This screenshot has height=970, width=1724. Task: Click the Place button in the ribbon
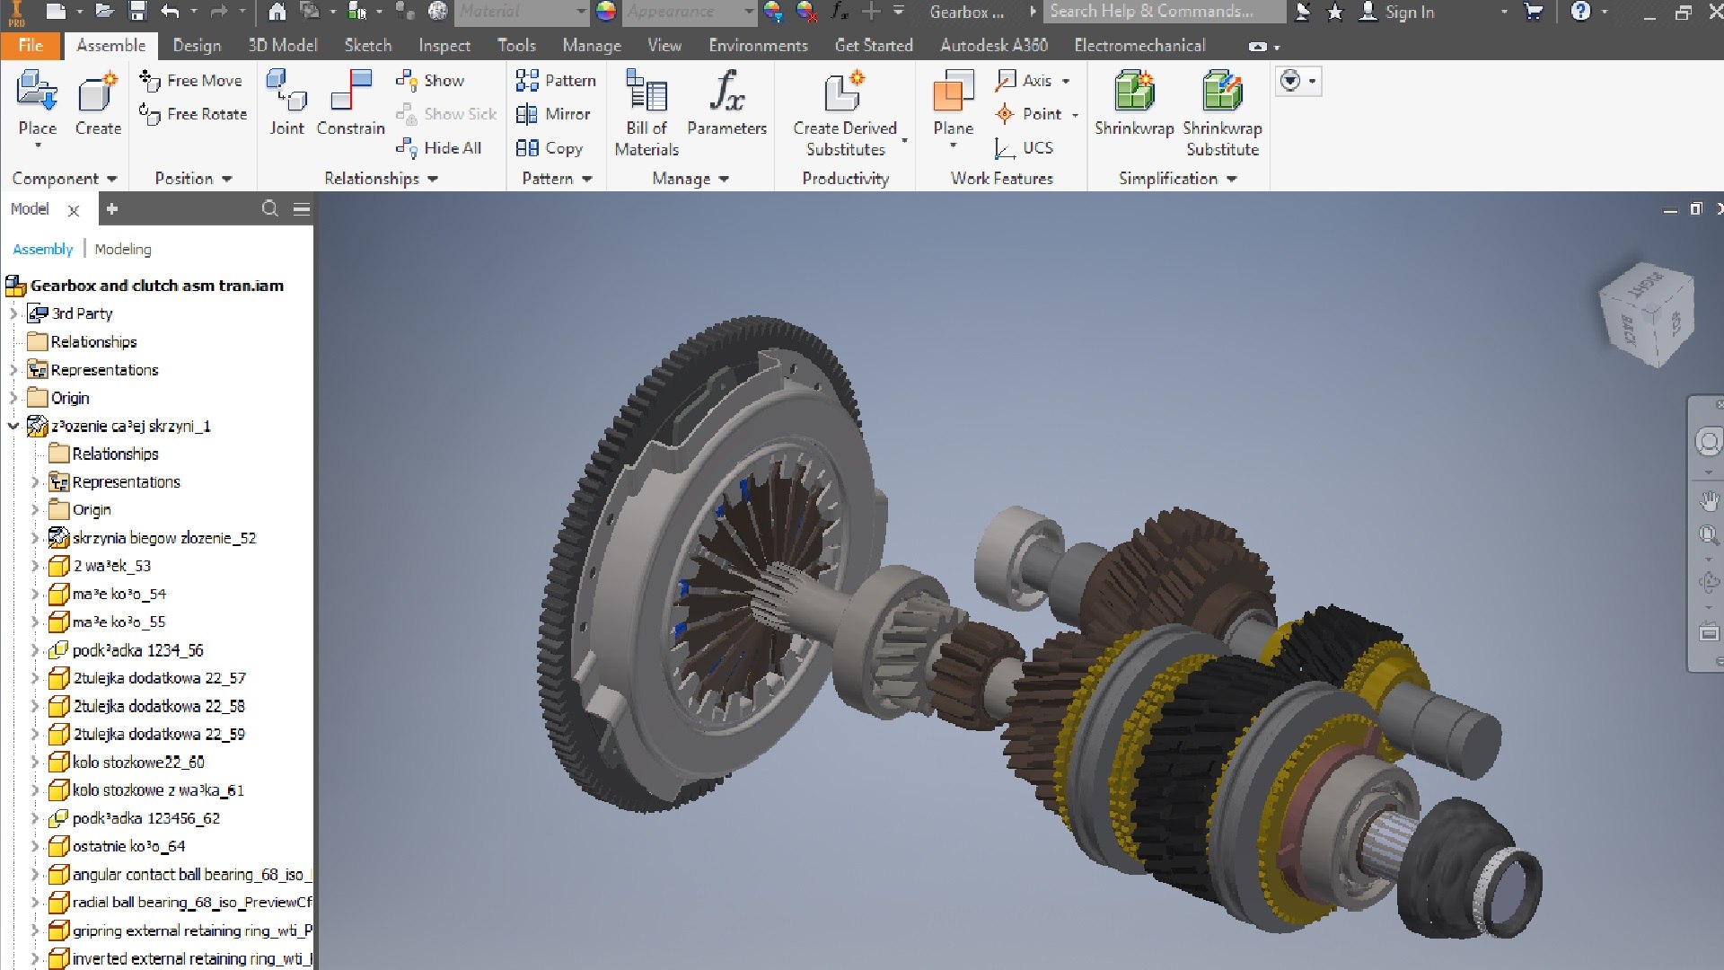click(x=37, y=103)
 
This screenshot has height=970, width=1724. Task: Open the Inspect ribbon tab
click(x=444, y=45)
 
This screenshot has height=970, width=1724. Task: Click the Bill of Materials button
click(x=646, y=112)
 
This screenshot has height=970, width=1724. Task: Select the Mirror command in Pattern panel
click(x=554, y=114)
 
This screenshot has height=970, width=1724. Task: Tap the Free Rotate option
click(x=193, y=114)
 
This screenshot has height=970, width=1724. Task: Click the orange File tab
click(x=30, y=45)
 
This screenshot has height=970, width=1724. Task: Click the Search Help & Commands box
click(x=1163, y=12)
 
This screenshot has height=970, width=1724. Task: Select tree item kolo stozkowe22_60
click(x=138, y=762)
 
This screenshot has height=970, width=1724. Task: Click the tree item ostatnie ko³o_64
click(x=128, y=846)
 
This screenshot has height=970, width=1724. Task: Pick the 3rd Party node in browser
click(x=81, y=313)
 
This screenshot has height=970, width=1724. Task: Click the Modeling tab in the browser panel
click(x=122, y=249)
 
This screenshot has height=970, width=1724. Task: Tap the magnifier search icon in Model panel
click(x=269, y=209)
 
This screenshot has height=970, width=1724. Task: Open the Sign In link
click(x=1408, y=12)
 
